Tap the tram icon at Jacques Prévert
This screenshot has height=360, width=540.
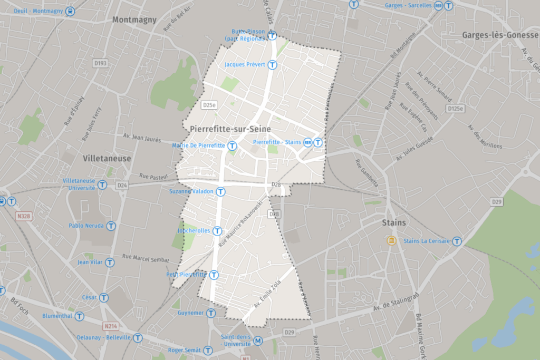(272, 65)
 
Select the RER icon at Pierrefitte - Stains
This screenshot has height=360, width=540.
(318, 142)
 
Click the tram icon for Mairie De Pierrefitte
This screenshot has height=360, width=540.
(232, 145)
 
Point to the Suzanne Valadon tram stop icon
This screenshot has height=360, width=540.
(221, 192)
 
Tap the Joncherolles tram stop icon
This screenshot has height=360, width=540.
(217, 231)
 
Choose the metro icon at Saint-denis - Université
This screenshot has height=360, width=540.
(258, 340)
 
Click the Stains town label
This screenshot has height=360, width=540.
(394, 222)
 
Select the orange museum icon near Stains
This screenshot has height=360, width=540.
(391, 241)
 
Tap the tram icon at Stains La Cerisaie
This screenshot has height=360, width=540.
(457, 241)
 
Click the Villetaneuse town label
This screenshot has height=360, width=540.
(107, 158)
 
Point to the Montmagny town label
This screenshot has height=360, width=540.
(134, 20)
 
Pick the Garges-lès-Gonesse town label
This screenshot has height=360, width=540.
(500, 35)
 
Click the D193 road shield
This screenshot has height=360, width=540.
(100, 63)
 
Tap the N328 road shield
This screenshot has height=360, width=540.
(23, 216)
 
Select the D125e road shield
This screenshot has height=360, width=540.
(455, 109)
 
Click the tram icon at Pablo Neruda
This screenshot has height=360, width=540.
(111, 226)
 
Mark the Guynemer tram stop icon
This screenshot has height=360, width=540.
(211, 313)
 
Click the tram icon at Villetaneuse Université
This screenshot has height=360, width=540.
(102, 184)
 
